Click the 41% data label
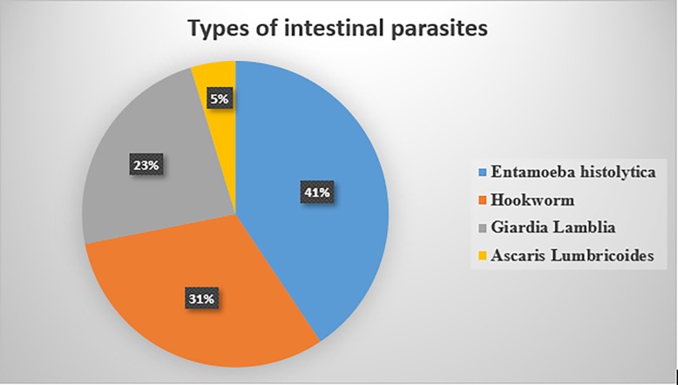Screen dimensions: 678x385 (317, 192)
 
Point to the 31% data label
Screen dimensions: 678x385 (202, 299)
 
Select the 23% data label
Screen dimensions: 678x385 (146, 165)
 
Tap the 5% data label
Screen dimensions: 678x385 (220, 99)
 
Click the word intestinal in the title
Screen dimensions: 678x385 (331, 28)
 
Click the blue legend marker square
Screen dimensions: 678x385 (483, 172)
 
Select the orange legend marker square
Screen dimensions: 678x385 (483, 200)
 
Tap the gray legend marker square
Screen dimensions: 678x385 (483, 227)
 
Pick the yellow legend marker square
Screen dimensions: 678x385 (483, 255)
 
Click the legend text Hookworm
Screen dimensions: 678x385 (532, 200)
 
